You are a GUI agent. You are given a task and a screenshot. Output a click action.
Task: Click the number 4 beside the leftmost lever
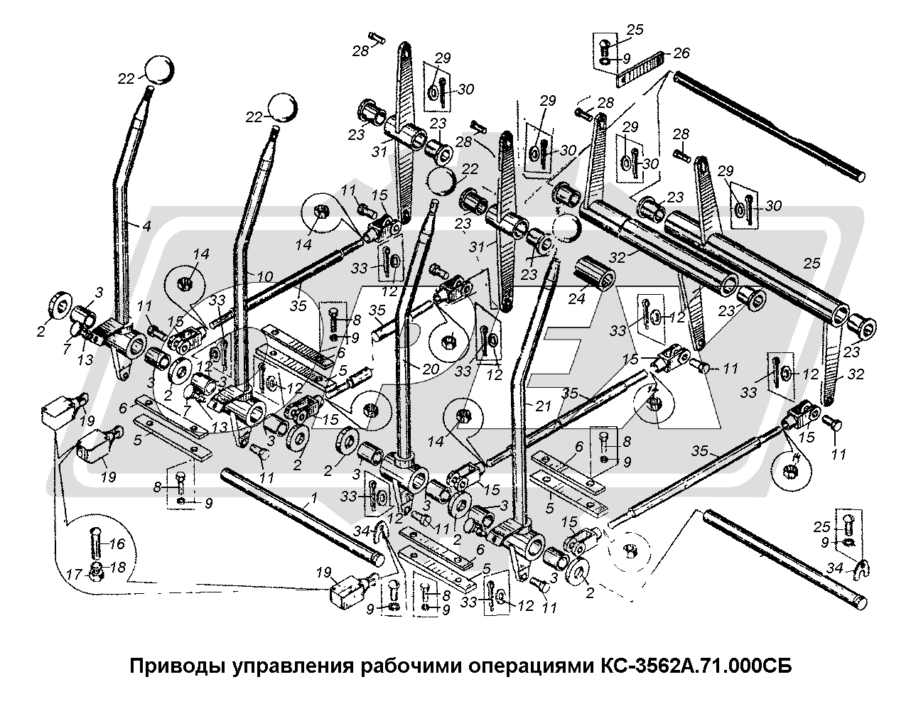(x=146, y=227)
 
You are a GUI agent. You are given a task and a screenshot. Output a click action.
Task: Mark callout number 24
(x=576, y=299)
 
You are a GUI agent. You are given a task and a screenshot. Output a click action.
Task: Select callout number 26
(x=681, y=53)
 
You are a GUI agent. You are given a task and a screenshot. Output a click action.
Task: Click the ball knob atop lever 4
(x=160, y=70)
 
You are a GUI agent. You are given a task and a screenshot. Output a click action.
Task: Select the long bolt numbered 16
(x=96, y=544)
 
